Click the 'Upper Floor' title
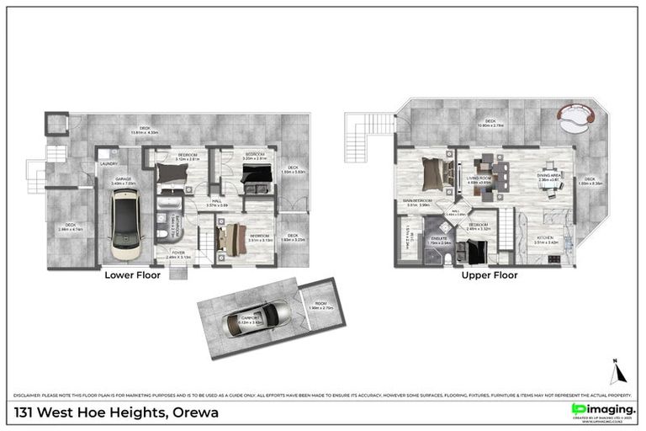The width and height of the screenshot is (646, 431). tap(489, 274)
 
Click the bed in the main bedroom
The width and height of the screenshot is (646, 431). tap(432, 175)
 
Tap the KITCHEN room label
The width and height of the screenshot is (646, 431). tap(547, 237)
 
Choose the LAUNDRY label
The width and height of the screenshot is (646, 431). tap(109, 163)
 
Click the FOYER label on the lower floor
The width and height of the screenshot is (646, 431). tap(177, 253)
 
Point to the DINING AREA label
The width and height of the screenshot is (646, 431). tap(548, 175)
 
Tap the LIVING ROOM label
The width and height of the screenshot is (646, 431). tap(479, 178)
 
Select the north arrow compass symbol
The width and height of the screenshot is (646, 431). tap(615, 371)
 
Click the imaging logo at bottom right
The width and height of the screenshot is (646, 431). tap(601, 409)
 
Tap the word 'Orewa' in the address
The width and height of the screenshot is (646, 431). tap(196, 412)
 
